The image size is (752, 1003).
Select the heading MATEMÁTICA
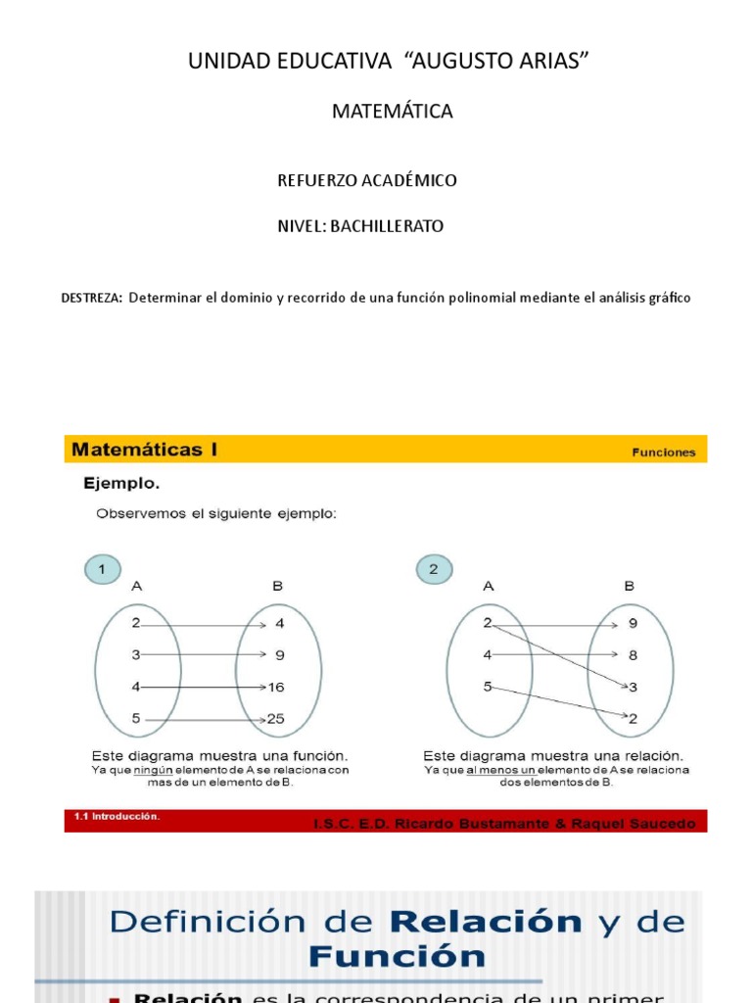coord(392,112)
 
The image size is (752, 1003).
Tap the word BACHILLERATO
coord(387,226)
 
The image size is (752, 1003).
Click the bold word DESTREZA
coord(92,298)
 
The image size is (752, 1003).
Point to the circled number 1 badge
coord(101,568)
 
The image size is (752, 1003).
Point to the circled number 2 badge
coord(434,568)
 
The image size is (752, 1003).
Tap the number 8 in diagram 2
coord(633,654)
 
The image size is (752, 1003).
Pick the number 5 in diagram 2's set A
coord(487,687)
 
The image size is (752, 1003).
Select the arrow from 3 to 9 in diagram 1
coord(203,654)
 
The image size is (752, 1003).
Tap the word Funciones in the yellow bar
coord(663,453)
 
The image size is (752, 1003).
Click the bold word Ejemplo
coord(120,484)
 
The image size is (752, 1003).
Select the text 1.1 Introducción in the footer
coord(117,816)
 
